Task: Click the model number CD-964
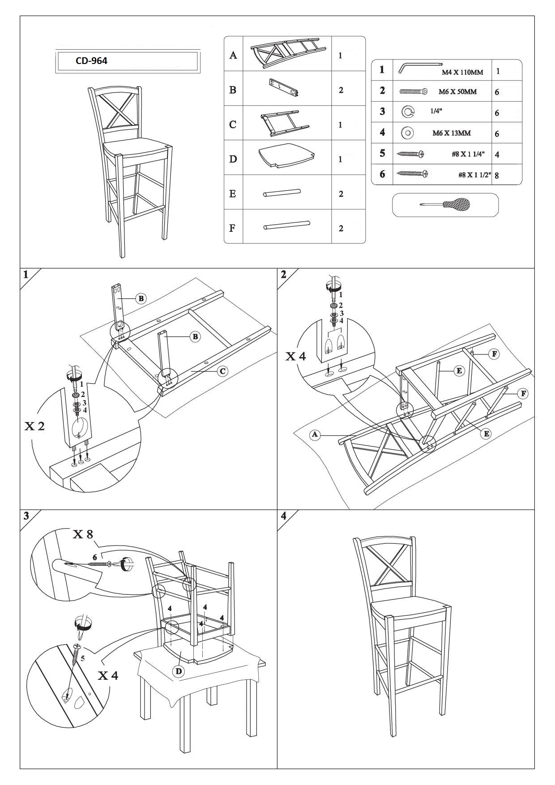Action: (x=92, y=61)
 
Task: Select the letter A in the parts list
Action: (x=233, y=55)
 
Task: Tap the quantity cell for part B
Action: (x=341, y=90)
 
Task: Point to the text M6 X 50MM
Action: (x=457, y=92)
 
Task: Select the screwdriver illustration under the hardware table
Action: (x=445, y=205)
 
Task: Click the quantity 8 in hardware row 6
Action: (x=497, y=175)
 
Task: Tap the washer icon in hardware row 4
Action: (x=407, y=132)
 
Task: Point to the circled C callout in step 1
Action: (x=222, y=371)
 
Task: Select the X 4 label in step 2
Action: (x=296, y=356)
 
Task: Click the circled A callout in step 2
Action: (x=315, y=434)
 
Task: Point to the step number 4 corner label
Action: (x=283, y=516)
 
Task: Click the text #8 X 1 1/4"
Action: (x=468, y=154)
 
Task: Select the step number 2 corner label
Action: (x=283, y=274)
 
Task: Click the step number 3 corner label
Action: (x=26, y=516)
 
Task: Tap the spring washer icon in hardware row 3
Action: (x=407, y=112)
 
